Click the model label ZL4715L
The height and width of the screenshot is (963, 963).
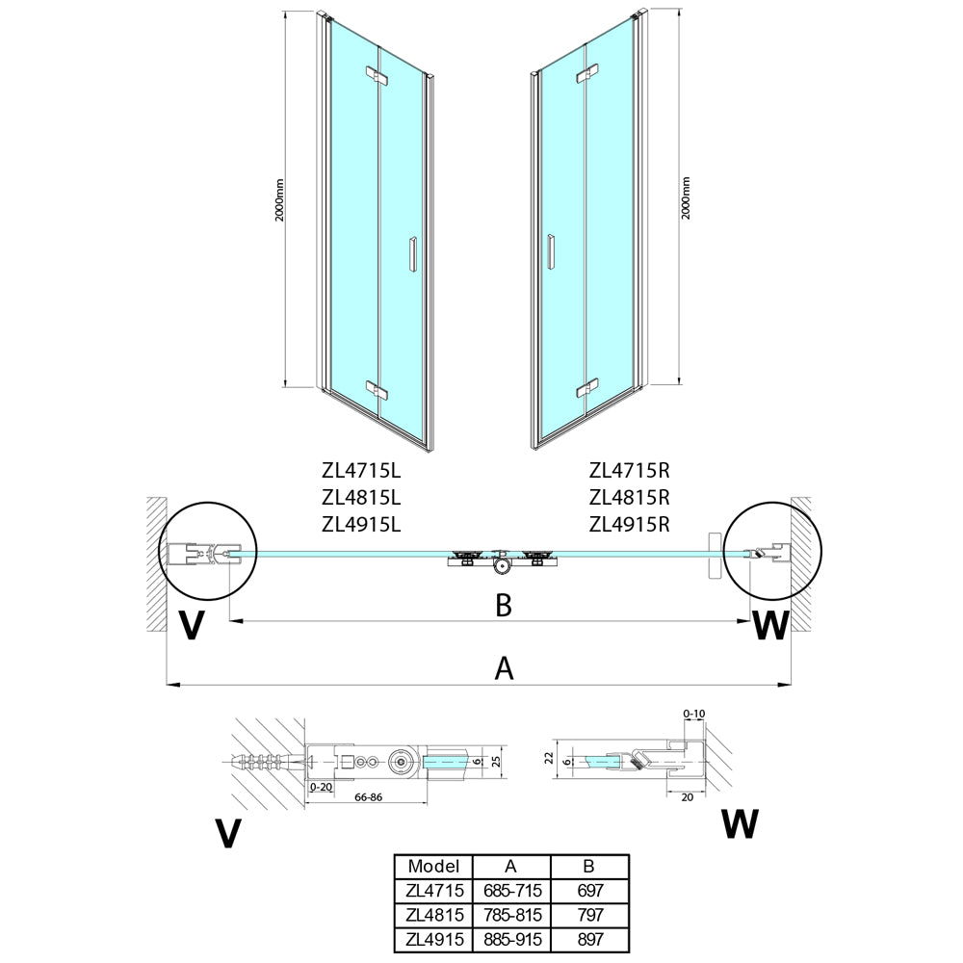pos(361,471)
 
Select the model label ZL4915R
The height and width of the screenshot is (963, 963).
pos(630,525)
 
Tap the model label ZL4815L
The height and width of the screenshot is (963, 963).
pos(361,498)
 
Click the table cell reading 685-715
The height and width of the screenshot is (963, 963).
pos(512,891)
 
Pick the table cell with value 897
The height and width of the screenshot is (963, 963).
pos(590,939)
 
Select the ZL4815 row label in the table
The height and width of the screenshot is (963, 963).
pos(434,915)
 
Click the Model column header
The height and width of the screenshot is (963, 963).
pos(433,866)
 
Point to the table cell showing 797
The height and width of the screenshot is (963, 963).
pos(590,915)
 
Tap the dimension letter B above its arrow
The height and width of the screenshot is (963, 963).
pos(504,605)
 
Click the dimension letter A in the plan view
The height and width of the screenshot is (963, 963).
pos(504,668)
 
